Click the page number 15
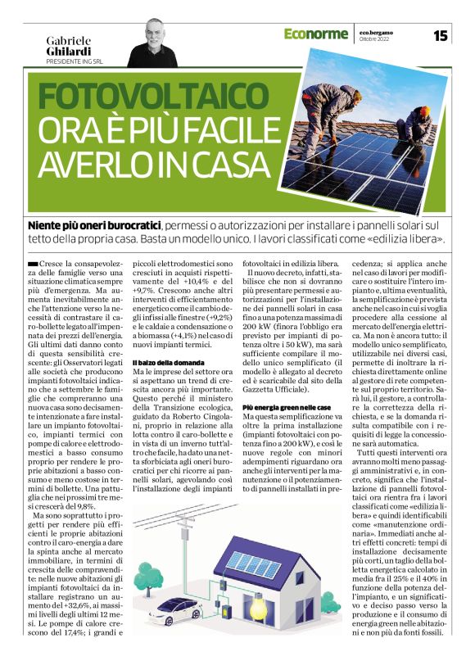click(x=441, y=35)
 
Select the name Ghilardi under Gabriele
click(x=70, y=52)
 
